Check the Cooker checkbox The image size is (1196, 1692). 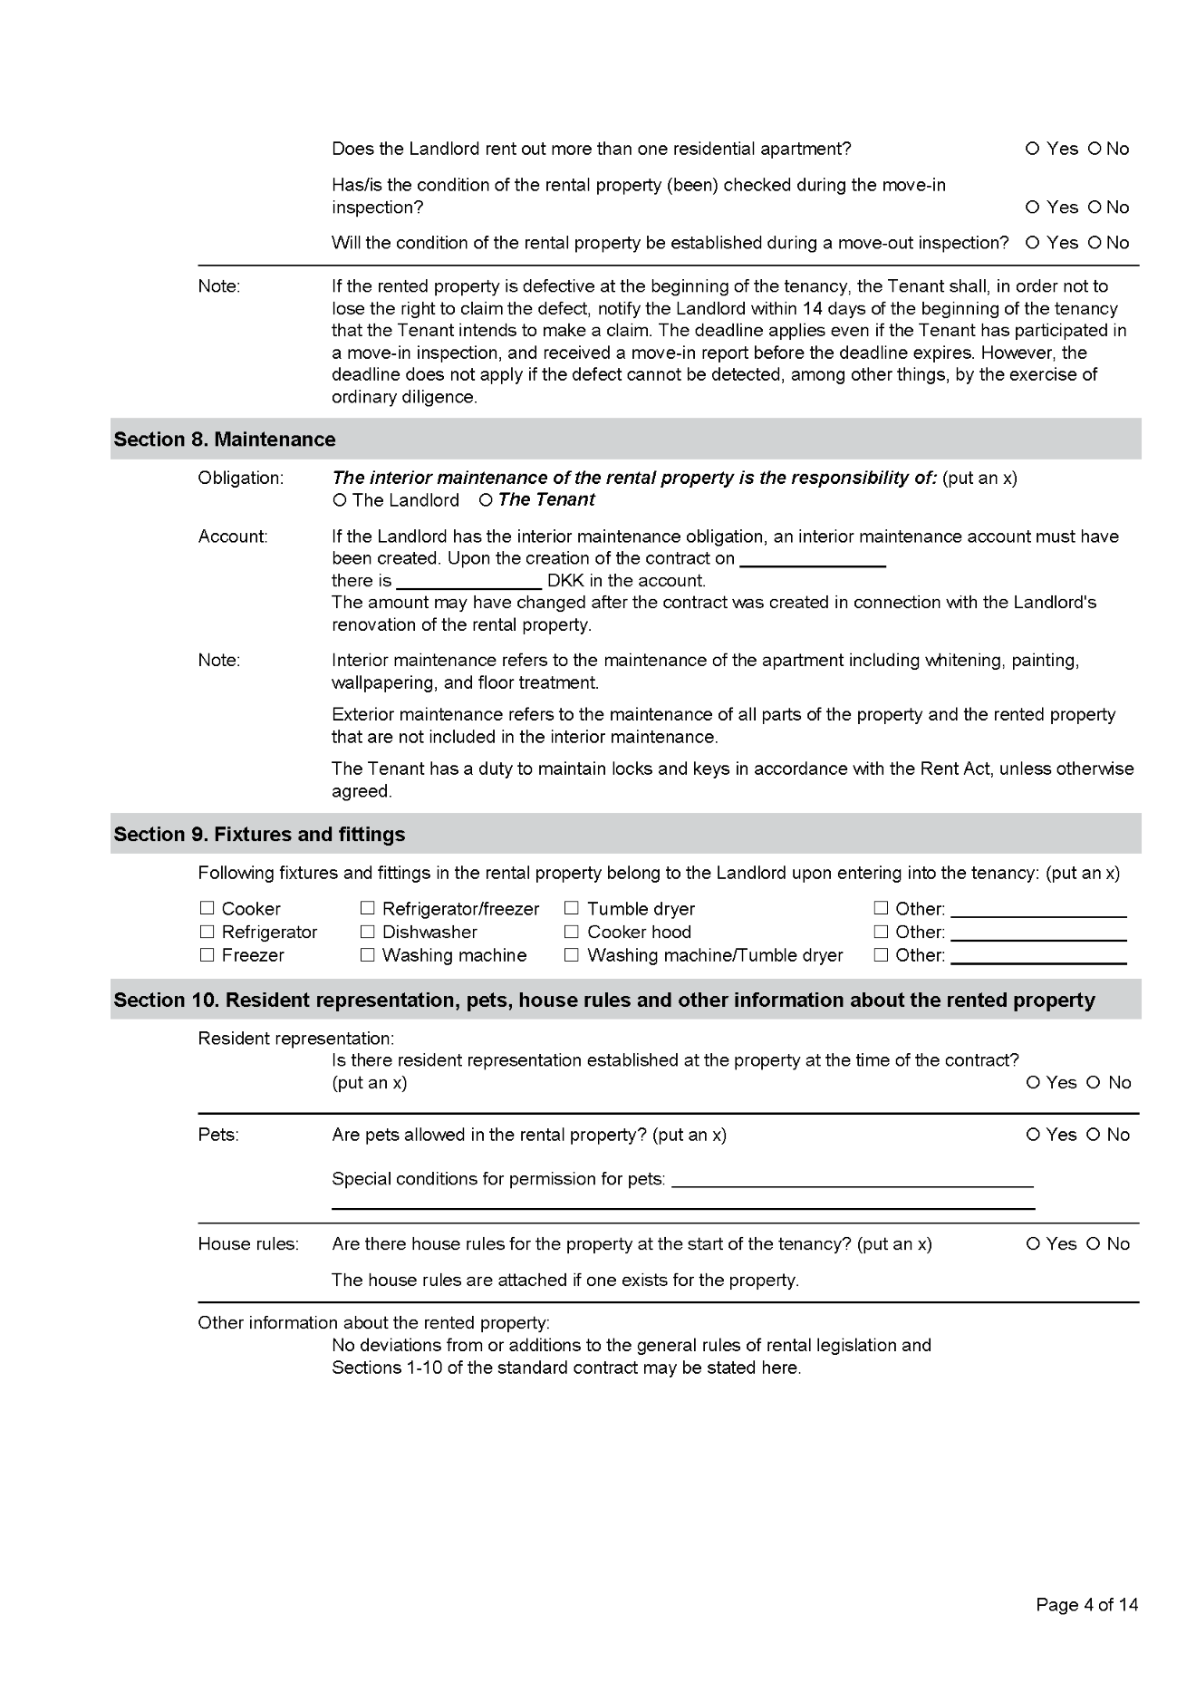click(x=207, y=908)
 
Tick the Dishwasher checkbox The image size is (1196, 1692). click(x=368, y=932)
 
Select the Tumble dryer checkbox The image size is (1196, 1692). click(x=572, y=908)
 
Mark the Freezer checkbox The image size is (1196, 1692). click(x=207, y=954)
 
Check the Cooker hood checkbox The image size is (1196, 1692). click(x=572, y=932)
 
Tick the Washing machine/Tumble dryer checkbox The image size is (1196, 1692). click(x=572, y=954)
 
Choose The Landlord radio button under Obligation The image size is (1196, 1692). click(x=340, y=500)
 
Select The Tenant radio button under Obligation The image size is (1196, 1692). click(x=486, y=500)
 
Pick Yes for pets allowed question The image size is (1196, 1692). click(x=1034, y=1135)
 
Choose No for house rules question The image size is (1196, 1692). click(x=1094, y=1244)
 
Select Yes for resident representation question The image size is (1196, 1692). click(x=1034, y=1083)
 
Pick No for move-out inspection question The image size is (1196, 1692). click(x=1095, y=243)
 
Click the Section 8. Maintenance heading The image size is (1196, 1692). click(x=225, y=440)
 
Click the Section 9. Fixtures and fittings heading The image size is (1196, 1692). click(x=259, y=835)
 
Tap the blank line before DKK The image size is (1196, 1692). click(x=468, y=580)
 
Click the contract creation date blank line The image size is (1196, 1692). click(x=812, y=558)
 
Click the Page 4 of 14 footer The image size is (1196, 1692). click(x=1086, y=1605)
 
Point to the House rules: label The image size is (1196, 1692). click(x=248, y=1244)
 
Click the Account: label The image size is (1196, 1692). click(x=233, y=537)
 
